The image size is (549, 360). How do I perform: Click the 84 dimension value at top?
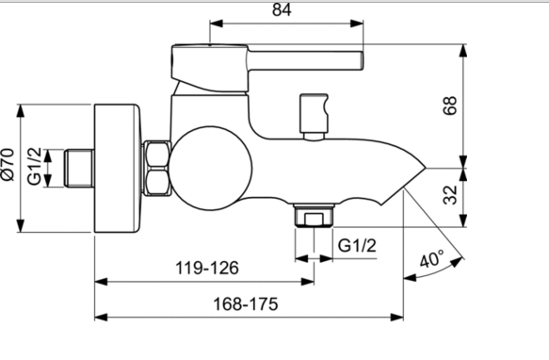pos(282,9)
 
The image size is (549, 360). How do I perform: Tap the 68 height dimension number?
pos(450,106)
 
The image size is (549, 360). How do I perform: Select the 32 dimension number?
pos(450,195)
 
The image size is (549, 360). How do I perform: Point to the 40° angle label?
pos(431,259)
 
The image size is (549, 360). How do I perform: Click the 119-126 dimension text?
pos(207,269)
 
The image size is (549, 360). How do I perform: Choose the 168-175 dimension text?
pos(246,303)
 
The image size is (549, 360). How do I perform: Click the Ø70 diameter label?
pos(8,164)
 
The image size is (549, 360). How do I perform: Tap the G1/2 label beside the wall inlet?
pos(34,166)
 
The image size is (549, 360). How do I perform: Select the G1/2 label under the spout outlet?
pos(357,245)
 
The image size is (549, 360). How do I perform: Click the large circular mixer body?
pos(210,169)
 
